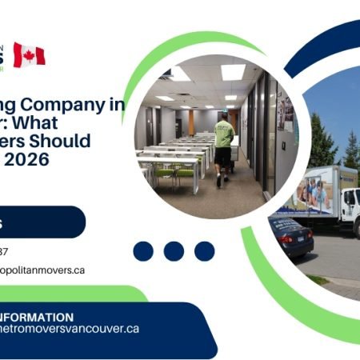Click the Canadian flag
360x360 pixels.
pyautogui.click(x=30, y=55)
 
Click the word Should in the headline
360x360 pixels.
pyautogui.click(x=64, y=142)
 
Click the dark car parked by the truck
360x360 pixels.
pyautogui.click(x=290, y=237)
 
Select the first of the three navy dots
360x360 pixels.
pyautogui.click(x=143, y=251)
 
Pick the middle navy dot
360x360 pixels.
pyautogui.click(x=174, y=251)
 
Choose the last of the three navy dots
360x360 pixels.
pyautogui.click(x=205, y=251)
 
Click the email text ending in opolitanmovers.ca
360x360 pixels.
pyautogui.click(x=43, y=270)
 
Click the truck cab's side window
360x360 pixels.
pyautogui.click(x=350, y=199)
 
